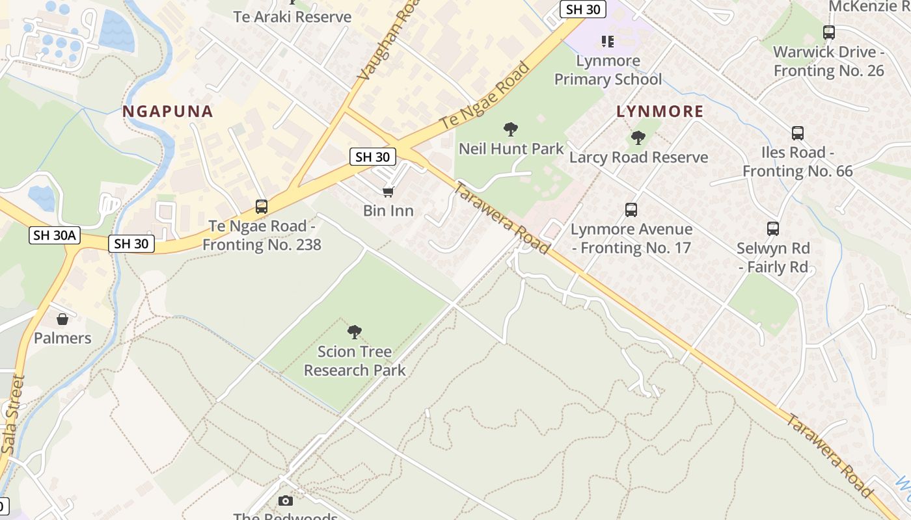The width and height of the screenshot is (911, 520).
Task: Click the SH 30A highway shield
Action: (55, 235)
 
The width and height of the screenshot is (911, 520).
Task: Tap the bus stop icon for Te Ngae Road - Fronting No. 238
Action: (262, 207)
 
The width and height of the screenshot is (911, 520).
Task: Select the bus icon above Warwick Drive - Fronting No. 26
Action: (829, 32)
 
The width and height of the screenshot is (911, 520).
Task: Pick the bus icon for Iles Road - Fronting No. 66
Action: (798, 133)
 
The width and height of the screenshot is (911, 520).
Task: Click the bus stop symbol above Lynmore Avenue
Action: (631, 210)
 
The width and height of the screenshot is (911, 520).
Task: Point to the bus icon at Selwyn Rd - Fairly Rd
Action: (773, 229)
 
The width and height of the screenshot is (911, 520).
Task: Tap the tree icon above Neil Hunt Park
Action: (511, 129)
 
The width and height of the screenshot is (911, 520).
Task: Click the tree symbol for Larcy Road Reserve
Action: (638, 138)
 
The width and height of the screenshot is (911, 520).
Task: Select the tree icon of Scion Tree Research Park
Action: (355, 332)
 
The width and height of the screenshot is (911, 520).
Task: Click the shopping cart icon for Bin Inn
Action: (388, 192)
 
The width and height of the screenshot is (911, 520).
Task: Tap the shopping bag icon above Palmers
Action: (62, 319)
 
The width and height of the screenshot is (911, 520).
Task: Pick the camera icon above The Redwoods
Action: (285, 500)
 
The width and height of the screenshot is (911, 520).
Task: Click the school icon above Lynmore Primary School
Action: (608, 42)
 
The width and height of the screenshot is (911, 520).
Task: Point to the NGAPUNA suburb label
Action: (168, 111)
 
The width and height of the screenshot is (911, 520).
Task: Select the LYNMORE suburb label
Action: (660, 111)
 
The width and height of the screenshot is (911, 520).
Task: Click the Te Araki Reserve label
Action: (292, 17)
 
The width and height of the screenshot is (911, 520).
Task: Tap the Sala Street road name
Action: (13, 413)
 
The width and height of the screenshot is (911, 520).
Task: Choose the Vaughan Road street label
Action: (382, 41)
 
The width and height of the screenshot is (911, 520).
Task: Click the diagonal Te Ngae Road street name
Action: (485, 95)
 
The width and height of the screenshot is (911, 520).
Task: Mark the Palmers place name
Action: (62, 338)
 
